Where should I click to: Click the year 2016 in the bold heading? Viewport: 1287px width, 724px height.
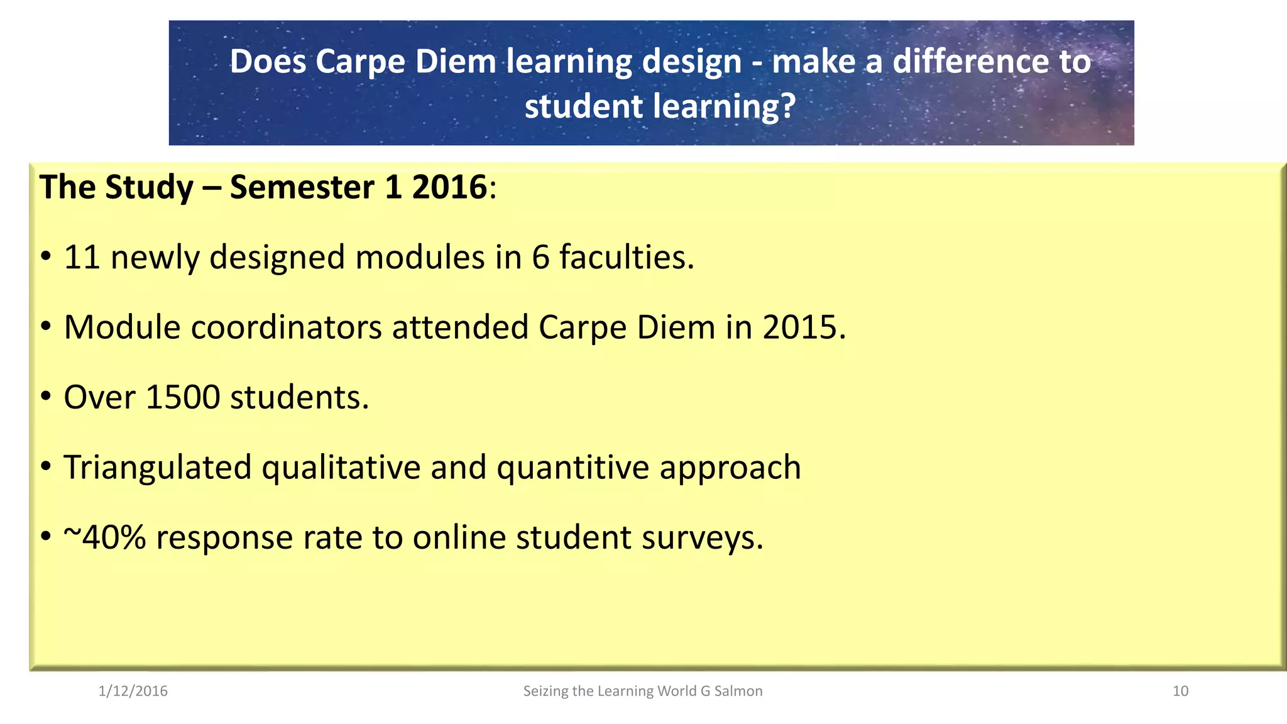(x=449, y=187)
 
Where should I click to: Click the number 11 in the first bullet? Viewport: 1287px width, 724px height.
(x=82, y=257)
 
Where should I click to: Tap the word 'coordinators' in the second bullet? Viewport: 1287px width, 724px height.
(x=287, y=327)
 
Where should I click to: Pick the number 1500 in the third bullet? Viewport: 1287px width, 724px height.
(x=182, y=397)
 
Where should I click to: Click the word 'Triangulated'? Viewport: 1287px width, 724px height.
(x=158, y=468)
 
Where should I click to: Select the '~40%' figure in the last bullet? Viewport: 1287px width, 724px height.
(x=104, y=537)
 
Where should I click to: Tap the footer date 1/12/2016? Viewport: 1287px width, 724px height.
(x=133, y=691)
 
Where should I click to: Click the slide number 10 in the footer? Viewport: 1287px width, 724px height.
(x=1180, y=691)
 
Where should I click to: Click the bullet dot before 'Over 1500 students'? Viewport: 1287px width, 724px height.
(x=45, y=397)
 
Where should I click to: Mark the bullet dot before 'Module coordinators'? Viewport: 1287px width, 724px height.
(x=45, y=327)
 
